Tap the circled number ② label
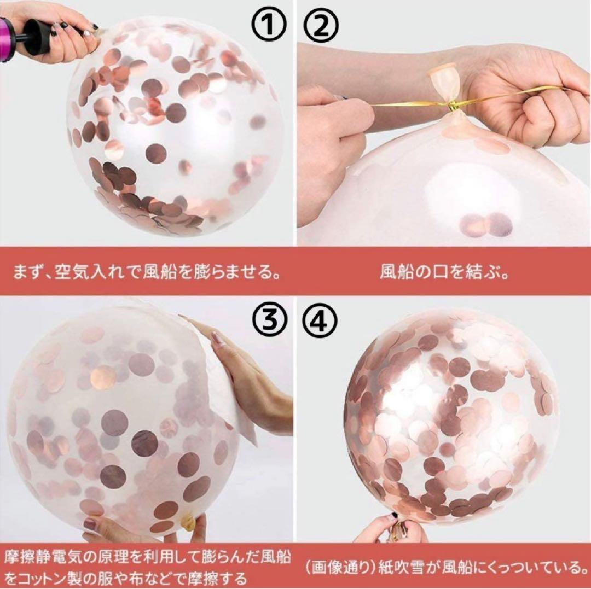[x=320, y=25]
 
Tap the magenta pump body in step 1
[x=5, y=39]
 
